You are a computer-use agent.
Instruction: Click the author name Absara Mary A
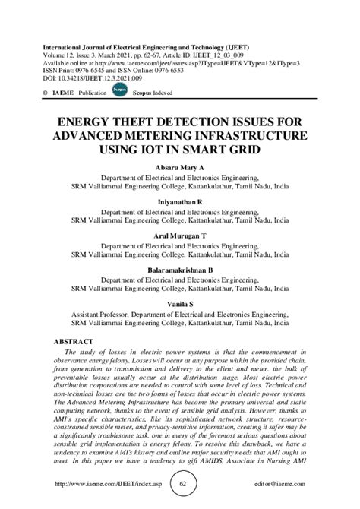[179, 166]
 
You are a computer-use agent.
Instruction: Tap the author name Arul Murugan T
[179, 236]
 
